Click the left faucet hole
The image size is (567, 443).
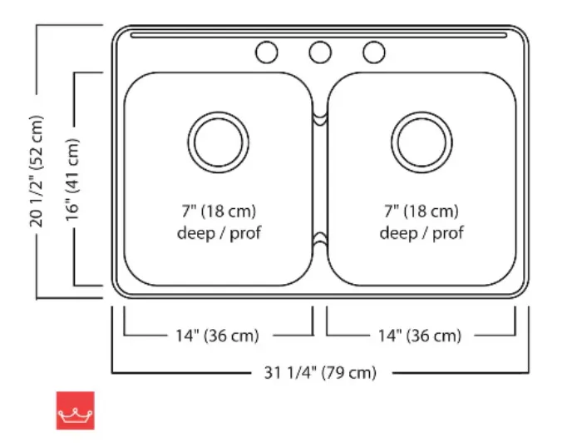(266, 52)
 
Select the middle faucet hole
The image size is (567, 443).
(320, 52)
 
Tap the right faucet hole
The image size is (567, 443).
(374, 52)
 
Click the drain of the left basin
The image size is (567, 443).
(219, 139)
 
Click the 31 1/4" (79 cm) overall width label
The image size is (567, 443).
(320, 372)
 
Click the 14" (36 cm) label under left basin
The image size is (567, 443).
(217, 336)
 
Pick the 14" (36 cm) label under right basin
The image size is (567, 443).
(419, 336)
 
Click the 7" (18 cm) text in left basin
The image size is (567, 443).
(219, 212)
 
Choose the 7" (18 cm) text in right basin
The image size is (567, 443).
(422, 212)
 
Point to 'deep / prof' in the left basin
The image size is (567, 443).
(219, 232)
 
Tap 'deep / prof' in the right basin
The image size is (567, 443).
(422, 232)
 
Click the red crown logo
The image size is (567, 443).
(76, 411)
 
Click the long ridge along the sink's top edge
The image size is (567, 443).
(320, 37)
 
